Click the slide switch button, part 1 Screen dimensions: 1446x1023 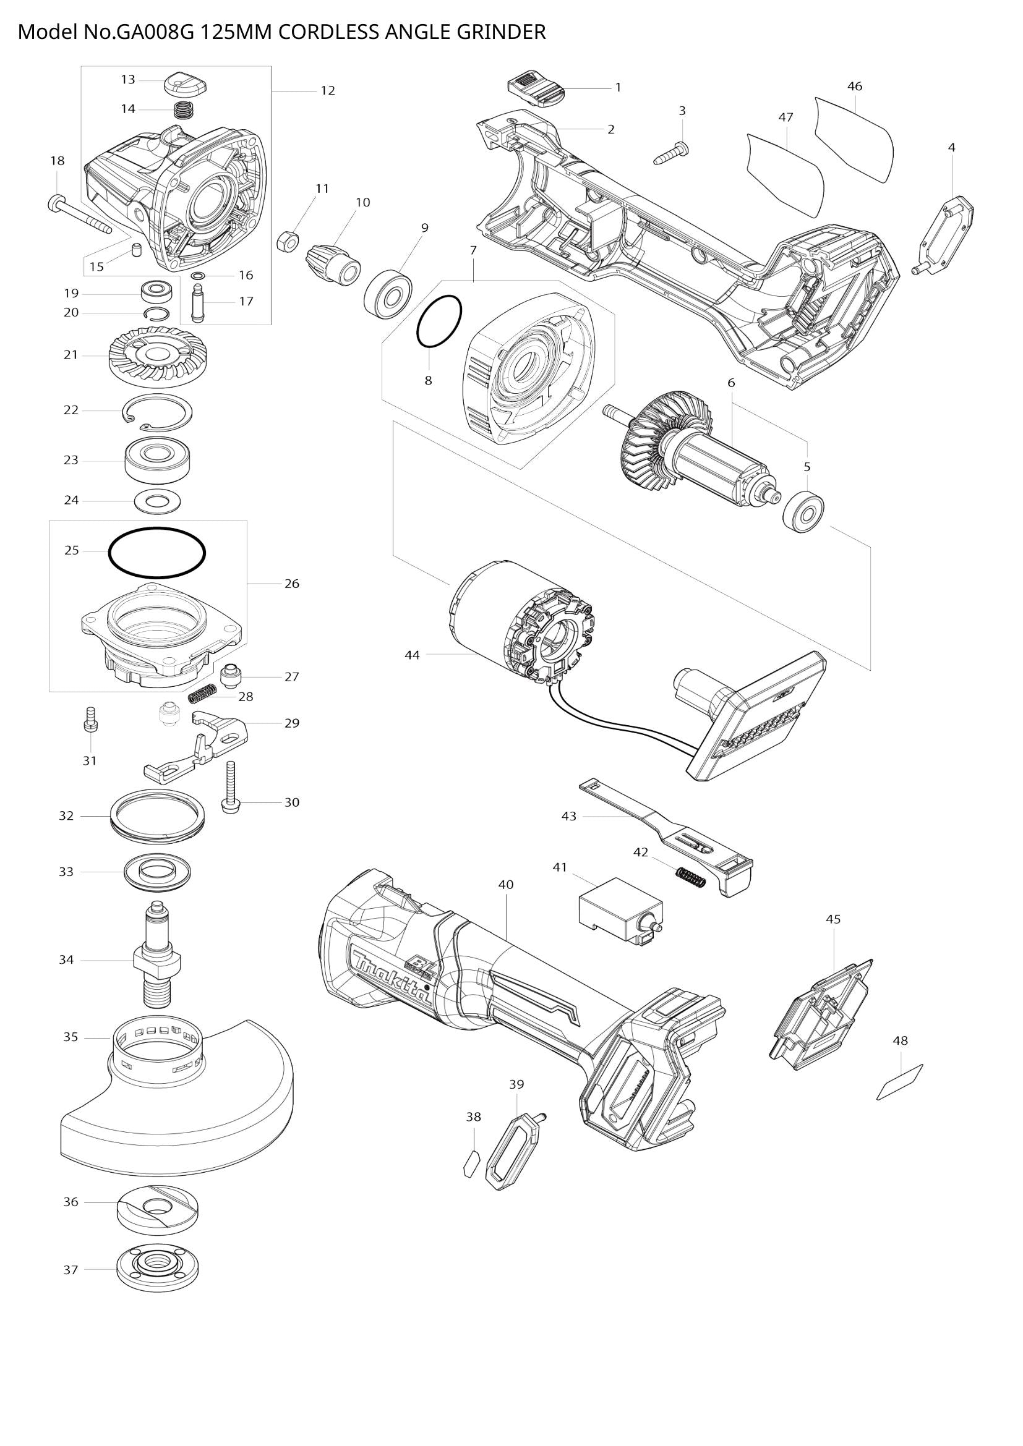(x=536, y=90)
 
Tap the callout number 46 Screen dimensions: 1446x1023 (x=854, y=87)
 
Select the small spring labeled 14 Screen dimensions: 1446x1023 (x=182, y=109)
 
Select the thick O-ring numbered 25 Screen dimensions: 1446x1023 (x=158, y=552)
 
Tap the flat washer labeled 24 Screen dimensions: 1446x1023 (x=158, y=502)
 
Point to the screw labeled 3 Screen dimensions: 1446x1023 (x=672, y=153)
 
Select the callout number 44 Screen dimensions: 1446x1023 (x=411, y=655)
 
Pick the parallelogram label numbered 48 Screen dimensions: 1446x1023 (x=899, y=1082)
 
